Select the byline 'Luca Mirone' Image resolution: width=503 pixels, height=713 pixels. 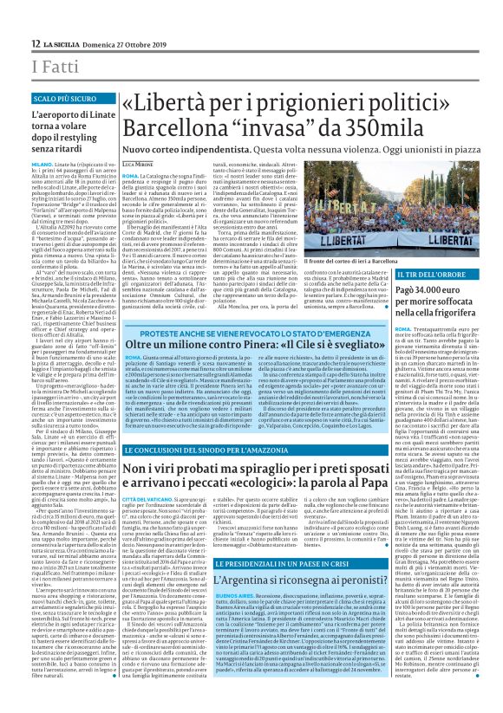tap(137, 164)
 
